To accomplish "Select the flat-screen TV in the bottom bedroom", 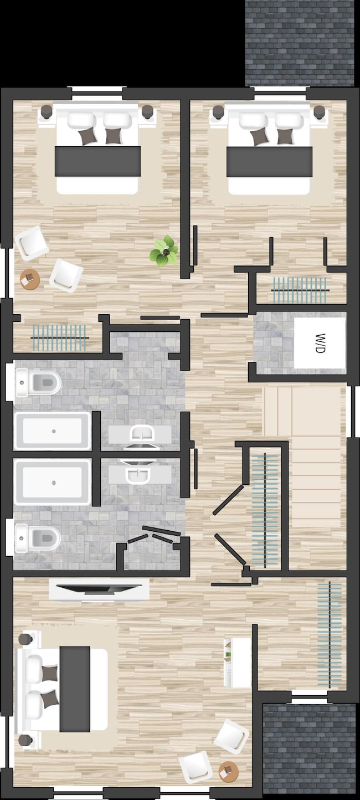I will click(x=99, y=589).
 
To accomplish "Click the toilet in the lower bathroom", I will click(x=39, y=537).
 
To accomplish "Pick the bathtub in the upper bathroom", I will click(x=53, y=431).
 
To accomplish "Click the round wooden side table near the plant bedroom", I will click(x=30, y=279).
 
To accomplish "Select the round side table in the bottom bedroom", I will click(x=228, y=770).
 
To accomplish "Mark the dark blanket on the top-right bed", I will click(x=269, y=161).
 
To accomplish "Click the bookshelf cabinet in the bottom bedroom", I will click(x=237, y=662).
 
